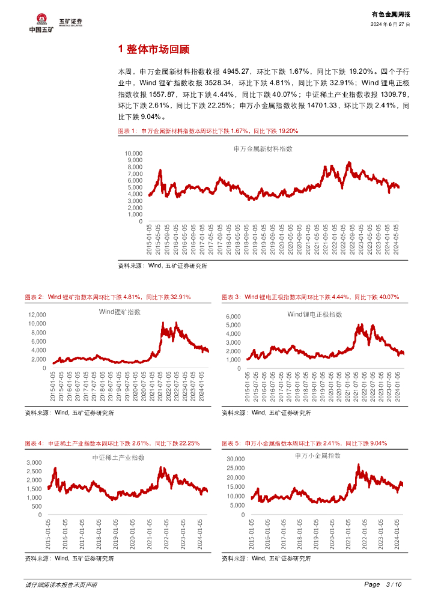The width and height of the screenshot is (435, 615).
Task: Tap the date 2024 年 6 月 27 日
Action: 391,25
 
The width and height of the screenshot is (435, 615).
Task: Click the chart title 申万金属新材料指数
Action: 258,148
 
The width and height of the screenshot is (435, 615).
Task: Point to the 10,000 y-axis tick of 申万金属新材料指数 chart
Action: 133,154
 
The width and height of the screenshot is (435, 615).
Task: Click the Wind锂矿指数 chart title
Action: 120,312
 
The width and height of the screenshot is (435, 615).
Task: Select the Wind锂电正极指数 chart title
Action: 314,314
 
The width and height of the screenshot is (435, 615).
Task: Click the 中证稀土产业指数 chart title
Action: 118,458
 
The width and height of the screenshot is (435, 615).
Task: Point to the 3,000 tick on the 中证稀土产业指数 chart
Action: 34,462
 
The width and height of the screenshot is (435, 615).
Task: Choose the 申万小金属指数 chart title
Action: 318,456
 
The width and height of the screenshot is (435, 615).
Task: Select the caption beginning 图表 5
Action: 304,443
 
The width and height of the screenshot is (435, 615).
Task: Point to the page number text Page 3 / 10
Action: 383,584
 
